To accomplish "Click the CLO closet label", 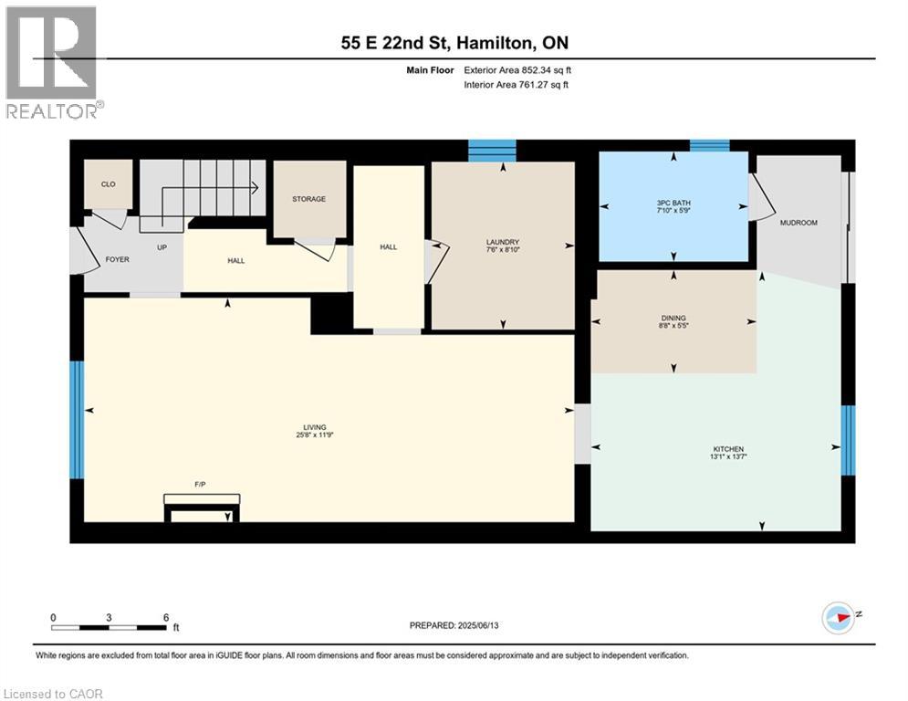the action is click(x=109, y=184).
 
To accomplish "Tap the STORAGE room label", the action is click(x=308, y=199).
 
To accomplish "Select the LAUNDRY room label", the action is click(x=503, y=242).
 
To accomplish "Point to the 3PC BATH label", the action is click(x=673, y=203).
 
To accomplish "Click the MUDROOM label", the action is click(x=798, y=223).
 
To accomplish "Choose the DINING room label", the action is click(x=673, y=318).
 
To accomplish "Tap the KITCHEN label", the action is click(x=728, y=449).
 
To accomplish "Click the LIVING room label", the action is click(x=315, y=427).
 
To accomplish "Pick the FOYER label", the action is click(x=118, y=259).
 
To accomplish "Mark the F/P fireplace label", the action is click(x=200, y=485).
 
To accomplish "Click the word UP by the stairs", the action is click(x=162, y=247).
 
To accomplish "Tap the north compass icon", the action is click(x=839, y=618).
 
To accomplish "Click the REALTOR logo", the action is click(x=53, y=63).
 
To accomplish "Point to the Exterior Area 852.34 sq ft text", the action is click(x=517, y=70).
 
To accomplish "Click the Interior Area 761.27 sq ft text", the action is click(x=516, y=85).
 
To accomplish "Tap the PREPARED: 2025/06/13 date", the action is click(x=454, y=625).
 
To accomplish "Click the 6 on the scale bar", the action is click(x=166, y=618).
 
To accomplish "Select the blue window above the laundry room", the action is click(x=492, y=151).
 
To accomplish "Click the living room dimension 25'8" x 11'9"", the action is click(x=315, y=435).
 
